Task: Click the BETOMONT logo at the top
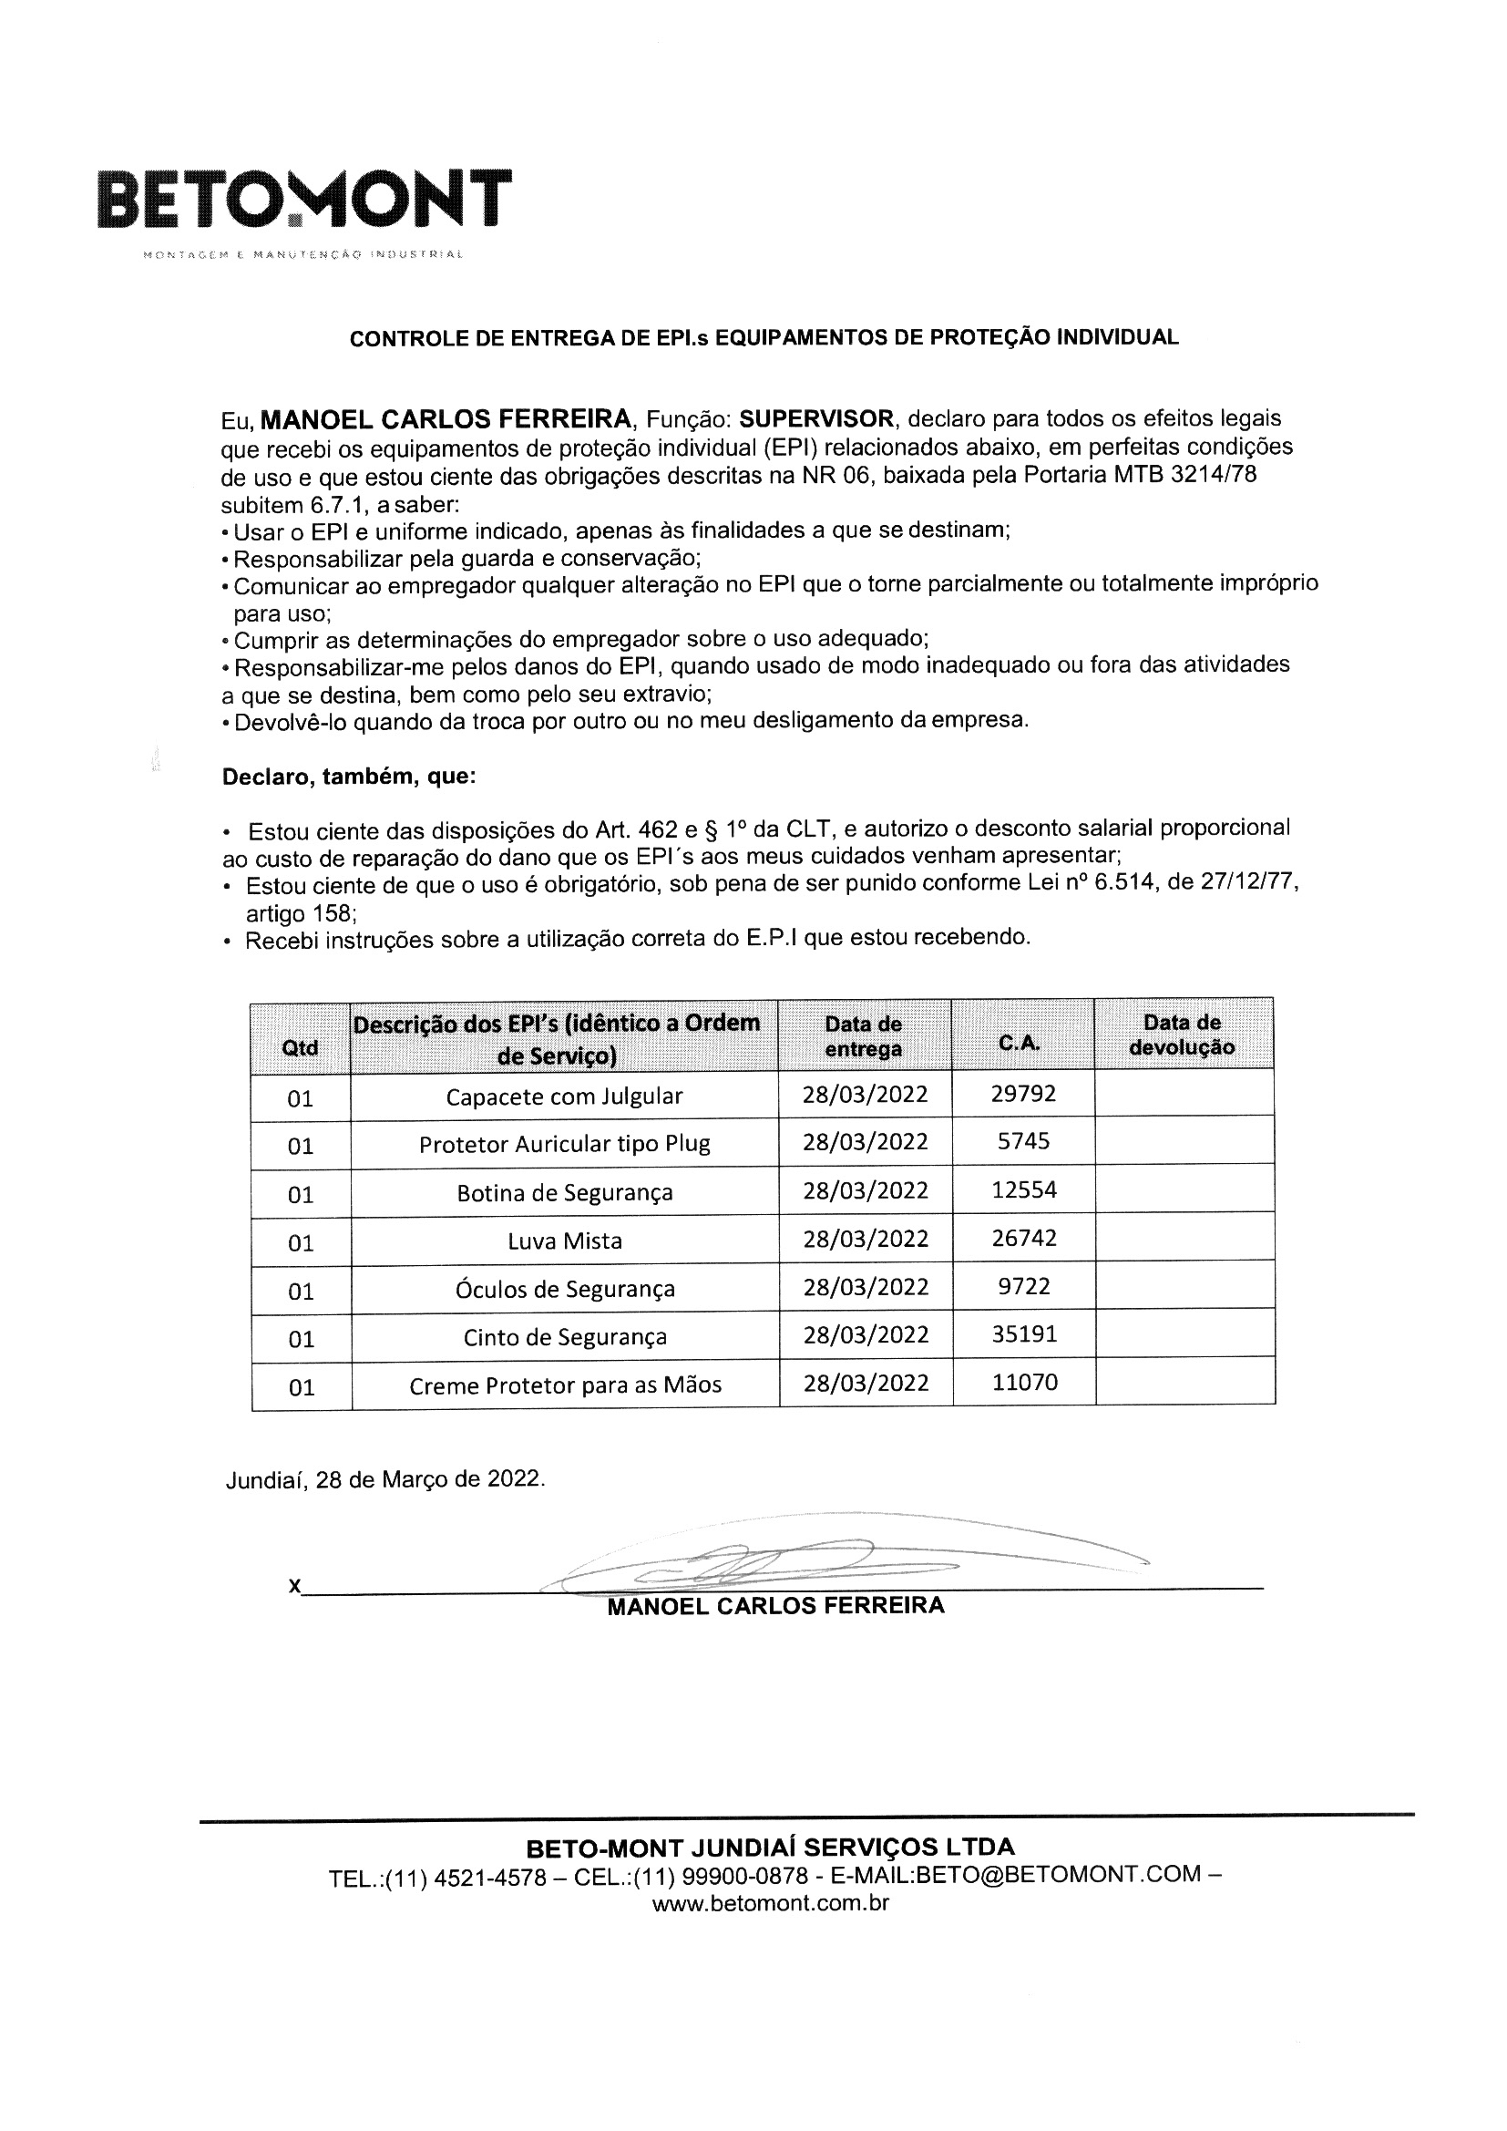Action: (x=303, y=200)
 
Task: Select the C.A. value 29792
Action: (x=1022, y=1094)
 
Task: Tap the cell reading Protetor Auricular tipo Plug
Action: (x=564, y=1144)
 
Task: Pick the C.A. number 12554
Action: (x=1023, y=1189)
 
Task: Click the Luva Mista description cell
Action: (x=564, y=1241)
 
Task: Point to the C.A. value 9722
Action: (x=1023, y=1286)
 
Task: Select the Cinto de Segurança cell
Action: (x=564, y=1336)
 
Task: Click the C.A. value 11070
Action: (x=1024, y=1382)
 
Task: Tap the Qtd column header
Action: (x=300, y=1048)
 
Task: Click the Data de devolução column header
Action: (x=1183, y=1035)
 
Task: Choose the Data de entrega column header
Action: (x=863, y=1036)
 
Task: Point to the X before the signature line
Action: (x=294, y=1586)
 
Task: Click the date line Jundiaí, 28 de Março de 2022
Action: (x=385, y=1478)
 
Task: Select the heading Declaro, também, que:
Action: (x=349, y=776)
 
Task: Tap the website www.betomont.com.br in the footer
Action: (x=770, y=1904)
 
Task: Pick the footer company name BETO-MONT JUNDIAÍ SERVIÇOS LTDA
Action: (x=770, y=1847)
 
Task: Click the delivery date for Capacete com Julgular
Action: (x=865, y=1095)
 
